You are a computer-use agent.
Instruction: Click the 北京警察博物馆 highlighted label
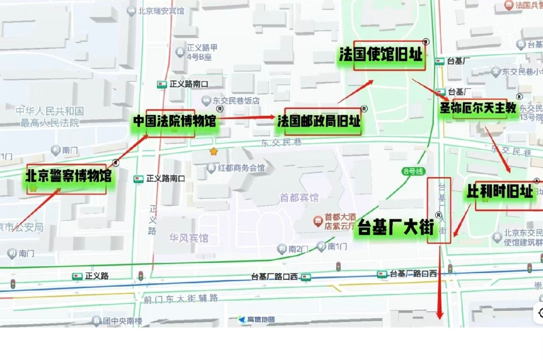coord(68,176)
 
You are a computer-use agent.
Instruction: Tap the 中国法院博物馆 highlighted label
coord(174,121)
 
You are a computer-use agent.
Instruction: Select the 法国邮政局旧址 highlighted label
coord(319,121)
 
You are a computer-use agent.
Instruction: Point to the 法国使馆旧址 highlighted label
coord(381,55)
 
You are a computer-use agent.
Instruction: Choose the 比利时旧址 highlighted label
coord(500,192)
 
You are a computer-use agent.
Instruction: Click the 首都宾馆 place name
coord(299,197)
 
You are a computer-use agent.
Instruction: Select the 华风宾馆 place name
coord(188,238)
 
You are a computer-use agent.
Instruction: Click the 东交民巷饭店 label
coord(237,101)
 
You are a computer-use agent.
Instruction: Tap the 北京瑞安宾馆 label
coord(161,10)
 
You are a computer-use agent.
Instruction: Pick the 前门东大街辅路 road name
coord(181,299)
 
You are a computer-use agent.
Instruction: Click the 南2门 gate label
coord(298,249)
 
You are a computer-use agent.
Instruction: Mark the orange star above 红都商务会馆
coord(213,152)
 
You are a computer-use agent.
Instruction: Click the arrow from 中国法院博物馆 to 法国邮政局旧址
coord(246,117)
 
